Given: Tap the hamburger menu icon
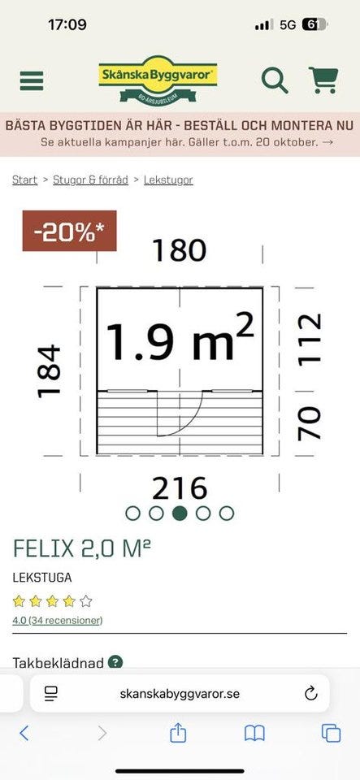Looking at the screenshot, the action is pyautogui.click(x=32, y=80).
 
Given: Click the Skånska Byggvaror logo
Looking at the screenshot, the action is pyautogui.click(x=158, y=79).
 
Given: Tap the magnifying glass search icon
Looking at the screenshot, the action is pyautogui.click(x=275, y=80).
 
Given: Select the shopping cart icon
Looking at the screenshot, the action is pyautogui.click(x=323, y=80).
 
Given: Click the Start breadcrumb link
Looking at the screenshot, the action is pyautogui.click(x=25, y=180).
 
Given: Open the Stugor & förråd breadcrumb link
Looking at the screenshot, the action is pyautogui.click(x=90, y=180).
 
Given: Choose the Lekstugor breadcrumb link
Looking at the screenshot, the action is pyautogui.click(x=168, y=180).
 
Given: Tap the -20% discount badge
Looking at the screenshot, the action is pyautogui.click(x=69, y=231).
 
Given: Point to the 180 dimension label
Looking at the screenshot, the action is pyautogui.click(x=179, y=250).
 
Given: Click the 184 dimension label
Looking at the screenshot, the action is pyautogui.click(x=50, y=371).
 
